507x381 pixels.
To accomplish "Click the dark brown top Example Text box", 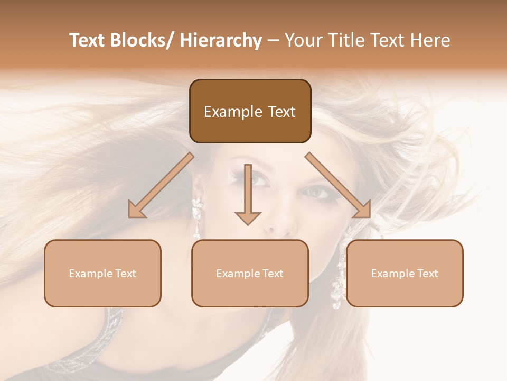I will pyautogui.click(x=250, y=111).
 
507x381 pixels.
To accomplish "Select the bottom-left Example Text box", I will pyautogui.click(x=102, y=273).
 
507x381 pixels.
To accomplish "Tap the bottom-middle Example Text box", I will pyautogui.click(x=250, y=273).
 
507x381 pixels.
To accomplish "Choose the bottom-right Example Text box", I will pyautogui.click(x=405, y=273).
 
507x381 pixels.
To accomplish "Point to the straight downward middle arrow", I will pyautogui.click(x=248, y=196).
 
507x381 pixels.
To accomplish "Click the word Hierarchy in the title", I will pyautogui.click(x=221, y=40).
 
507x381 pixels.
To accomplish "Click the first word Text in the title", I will pyautogui.click(x=89, y=40).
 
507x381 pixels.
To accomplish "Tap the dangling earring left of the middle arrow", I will pyautogui.click(x=196, y=217).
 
